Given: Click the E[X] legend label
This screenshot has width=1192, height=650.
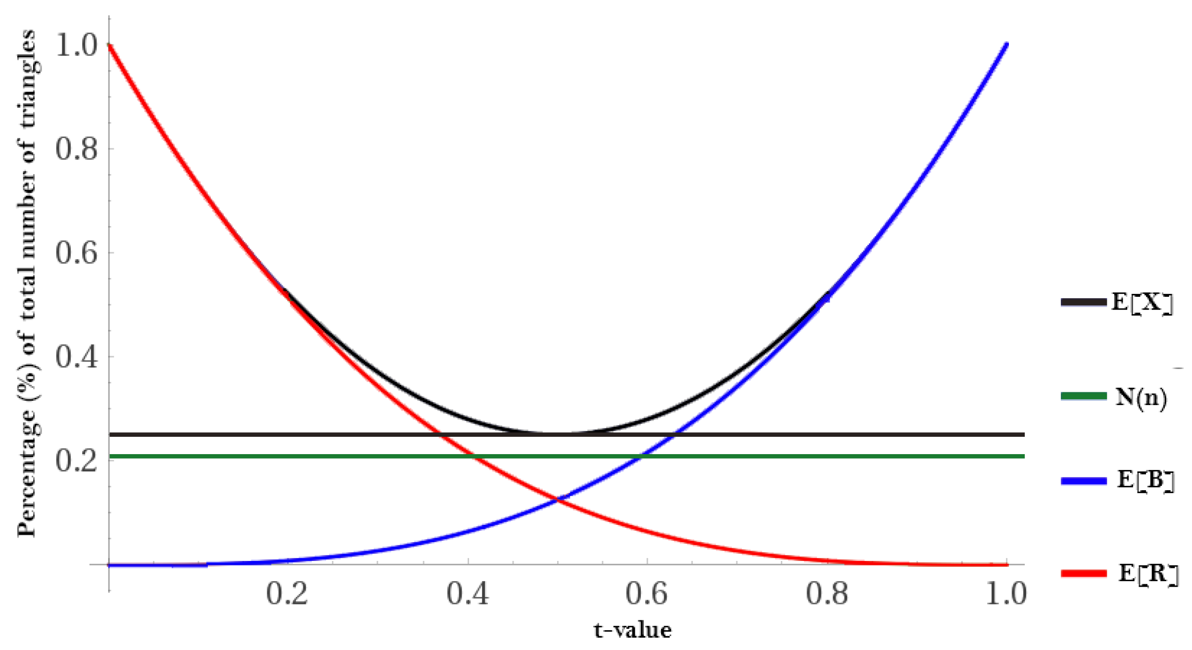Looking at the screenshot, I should tap(1142, 302).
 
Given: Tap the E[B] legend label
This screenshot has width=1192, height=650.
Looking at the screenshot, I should tap(1145, 480).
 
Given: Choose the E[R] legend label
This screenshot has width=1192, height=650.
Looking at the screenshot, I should tap(1148, 573).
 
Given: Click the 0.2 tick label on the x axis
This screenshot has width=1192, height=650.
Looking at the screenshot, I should tap(287, 594).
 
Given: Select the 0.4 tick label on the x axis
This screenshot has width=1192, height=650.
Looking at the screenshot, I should tap(468, 594).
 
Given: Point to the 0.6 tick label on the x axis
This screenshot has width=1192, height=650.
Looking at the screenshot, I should tap(647, 594).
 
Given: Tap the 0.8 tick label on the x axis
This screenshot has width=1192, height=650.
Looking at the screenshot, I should tap(827, 594).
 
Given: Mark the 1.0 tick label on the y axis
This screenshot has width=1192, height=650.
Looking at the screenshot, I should tap(76, 46).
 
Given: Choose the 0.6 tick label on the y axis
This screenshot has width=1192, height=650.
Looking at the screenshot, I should tap(76, 253).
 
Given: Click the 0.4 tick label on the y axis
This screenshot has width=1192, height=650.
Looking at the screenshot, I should tap(76, 357).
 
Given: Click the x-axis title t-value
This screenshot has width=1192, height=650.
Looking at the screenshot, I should tap(632, 630).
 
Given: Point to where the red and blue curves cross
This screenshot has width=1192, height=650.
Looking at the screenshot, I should tap(558, 500).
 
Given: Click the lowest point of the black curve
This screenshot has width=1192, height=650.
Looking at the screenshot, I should tap(558, 434).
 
